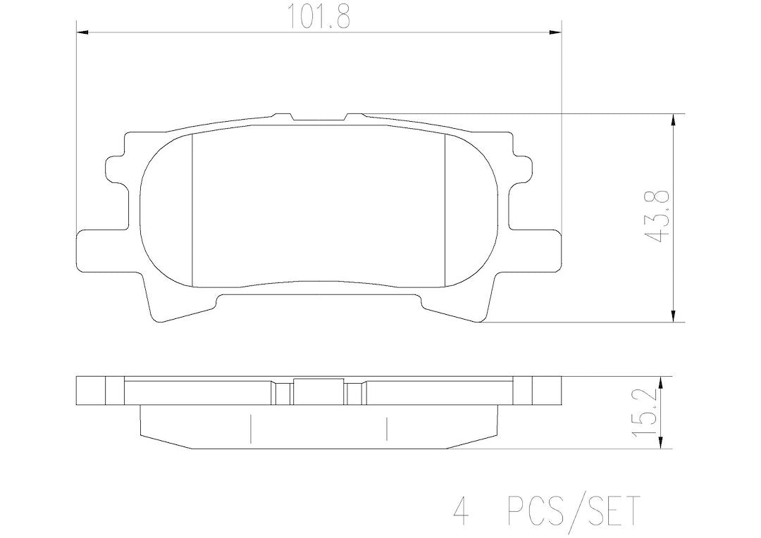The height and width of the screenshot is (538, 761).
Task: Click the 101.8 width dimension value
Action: point(319,17)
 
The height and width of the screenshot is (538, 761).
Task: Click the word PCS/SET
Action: point(572,509)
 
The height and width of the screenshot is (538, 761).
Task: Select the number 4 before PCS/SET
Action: point(461,509)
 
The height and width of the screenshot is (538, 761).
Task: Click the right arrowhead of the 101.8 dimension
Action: point(555,32)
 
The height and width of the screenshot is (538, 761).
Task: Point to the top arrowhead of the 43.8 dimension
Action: point(673,120)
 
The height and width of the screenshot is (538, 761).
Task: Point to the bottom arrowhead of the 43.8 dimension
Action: point(673,315)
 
